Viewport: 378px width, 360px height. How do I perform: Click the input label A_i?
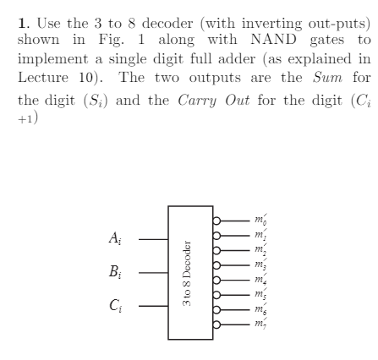(x=115, y=238)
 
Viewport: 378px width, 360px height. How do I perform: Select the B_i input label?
(x=115, y=271)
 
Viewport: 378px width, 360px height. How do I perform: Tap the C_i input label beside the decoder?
(x=116, y=305)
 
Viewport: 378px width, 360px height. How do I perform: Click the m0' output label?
(x=260, y=220)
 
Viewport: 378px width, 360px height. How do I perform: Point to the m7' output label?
(x=260, y=324)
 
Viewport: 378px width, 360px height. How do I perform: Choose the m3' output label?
(x=260, y=265)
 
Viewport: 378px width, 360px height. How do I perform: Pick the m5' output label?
(x=260, y=294)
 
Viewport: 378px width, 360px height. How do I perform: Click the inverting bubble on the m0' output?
(x=216, y=221)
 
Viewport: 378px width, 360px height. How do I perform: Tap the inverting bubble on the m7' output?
(x=216, y=325)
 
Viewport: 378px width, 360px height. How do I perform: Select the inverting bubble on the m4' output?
(x=216, y=280)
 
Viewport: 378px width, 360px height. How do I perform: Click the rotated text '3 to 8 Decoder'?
(x=187, y=273)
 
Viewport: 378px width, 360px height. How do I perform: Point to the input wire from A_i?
(x=153, y=239)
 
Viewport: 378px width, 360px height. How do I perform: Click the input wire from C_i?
(x=153, y=306)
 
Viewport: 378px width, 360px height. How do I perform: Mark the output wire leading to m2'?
(x=235, y=250)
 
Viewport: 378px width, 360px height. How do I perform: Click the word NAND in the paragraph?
(x=273, y=39)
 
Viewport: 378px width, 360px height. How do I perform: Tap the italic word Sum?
(x=327, y=77)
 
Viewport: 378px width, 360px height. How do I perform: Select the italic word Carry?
(x=197, y=101)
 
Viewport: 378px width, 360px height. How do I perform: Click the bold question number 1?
(x=24, y=23)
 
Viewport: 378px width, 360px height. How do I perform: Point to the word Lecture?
(x=43, y=77)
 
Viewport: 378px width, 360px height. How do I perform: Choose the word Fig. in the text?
(x=111, y=40)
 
